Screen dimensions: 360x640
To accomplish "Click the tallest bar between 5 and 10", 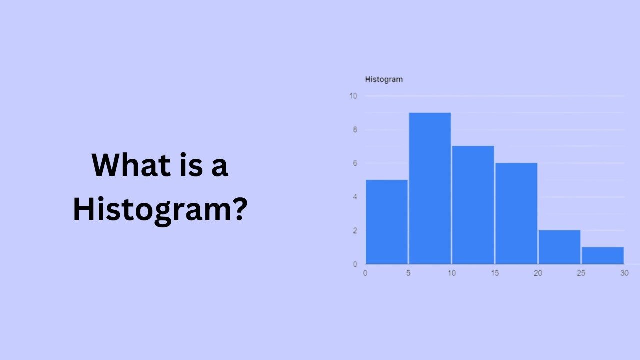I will click(x=430, y=188).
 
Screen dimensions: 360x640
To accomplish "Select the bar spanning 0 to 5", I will click(x=387, y=222).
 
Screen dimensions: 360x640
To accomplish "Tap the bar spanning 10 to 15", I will click(x=473, y=205).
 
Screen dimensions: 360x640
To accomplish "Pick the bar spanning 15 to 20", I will click(x=516, y=213).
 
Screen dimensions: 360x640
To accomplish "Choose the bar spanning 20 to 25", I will click(x=559, y=247).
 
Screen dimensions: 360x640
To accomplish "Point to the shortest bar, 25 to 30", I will click(x=602, y=255).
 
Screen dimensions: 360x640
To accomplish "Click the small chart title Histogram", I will click(x=384, y=79).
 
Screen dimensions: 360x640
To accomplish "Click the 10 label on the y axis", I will click(x=353, y=96).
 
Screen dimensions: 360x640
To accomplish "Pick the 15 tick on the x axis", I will click(x=495, y=273).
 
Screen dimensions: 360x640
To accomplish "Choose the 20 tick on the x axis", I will click(x=538, y=273).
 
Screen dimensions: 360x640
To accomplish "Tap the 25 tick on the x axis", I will click(x=581, y=273).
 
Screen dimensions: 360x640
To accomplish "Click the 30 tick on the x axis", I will click(x=624, y=273).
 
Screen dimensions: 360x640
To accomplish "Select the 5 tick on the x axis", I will click(x=408, y=273).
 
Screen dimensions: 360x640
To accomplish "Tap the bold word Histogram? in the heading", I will click(x=160, y=209).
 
